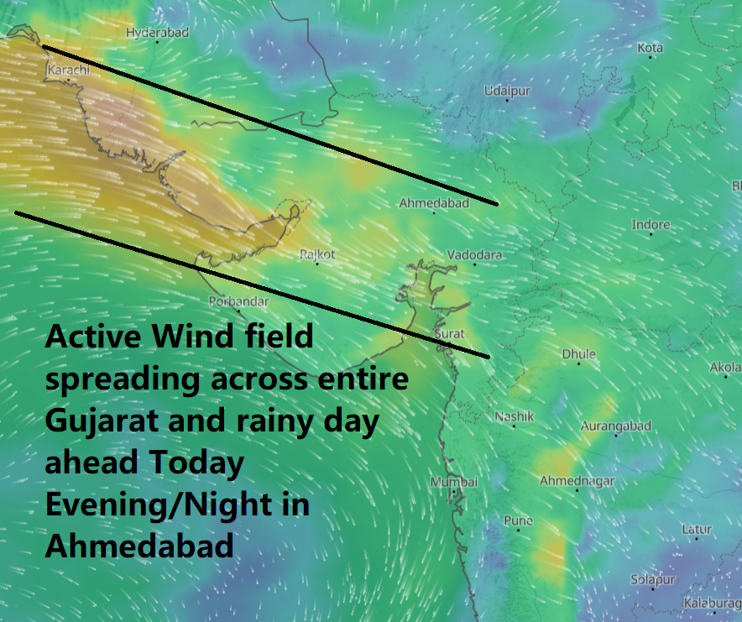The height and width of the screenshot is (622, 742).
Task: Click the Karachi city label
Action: (x=69, y=70)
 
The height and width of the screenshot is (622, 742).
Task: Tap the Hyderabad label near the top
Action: (x=157, y=33)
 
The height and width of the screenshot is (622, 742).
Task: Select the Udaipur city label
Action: (x=508, y=91)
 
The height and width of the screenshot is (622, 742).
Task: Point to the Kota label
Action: (x=651, y=48)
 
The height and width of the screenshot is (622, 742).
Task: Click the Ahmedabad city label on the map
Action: (x=433, y=203)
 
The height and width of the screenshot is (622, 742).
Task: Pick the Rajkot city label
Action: (x=317, y=254)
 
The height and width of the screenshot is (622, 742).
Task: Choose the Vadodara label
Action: (x=475, y=254)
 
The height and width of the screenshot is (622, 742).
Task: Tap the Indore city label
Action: (x=651, y=225)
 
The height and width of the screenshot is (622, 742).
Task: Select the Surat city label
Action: (x=449, y=334)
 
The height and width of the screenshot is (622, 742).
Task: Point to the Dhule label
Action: (x=578, y=354)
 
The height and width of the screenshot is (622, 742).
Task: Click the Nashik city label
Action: (x=514, y=416)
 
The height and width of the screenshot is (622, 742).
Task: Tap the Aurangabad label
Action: (x=617, y=426)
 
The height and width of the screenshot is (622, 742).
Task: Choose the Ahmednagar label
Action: (x=577, y=481)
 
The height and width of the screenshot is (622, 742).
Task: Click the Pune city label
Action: (x=518, y=520)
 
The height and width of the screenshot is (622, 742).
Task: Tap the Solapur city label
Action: (x=653, y=580)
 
